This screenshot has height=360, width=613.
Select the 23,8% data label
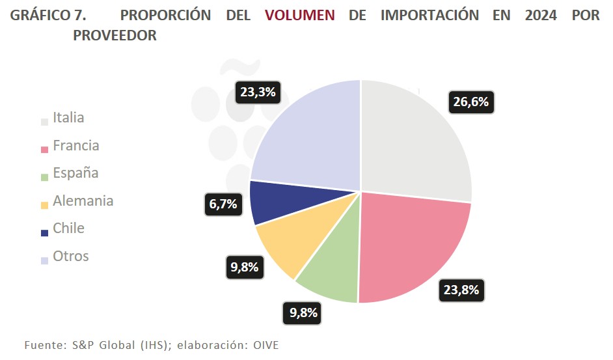(x=461, y=290)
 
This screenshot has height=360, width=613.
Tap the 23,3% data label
(x=258, y=92)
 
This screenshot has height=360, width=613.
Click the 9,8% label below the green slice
(x=303, y=313)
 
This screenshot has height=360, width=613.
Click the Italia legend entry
(x=68, y=118)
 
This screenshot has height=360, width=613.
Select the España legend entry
(x=75, y=173)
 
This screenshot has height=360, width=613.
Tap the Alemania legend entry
(x=83, y=201)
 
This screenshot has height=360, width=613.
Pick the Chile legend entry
(x=68, y=228)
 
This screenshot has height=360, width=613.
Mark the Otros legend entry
(x=70, y=256)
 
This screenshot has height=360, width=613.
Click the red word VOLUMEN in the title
(x=300, y=15)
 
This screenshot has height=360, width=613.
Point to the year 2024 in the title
(x=541, y=15)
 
